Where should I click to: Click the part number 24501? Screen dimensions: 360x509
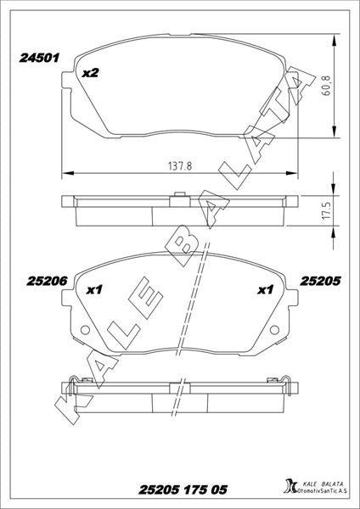click(39, 58)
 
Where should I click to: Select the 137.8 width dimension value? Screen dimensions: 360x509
click(180, 166)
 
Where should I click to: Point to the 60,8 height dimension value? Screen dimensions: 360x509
click(327, 86)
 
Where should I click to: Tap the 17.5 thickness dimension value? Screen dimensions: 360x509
click(327, 211)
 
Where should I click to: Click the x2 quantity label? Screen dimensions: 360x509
click(90, 73)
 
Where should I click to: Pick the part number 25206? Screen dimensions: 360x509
click(47, 281)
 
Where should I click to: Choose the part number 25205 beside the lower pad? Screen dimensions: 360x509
click(320, 281)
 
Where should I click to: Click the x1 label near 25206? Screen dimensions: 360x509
click(94, 289)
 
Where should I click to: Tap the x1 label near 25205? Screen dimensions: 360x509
click(266, 289)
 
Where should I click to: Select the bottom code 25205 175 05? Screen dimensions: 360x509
click(183, 489)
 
